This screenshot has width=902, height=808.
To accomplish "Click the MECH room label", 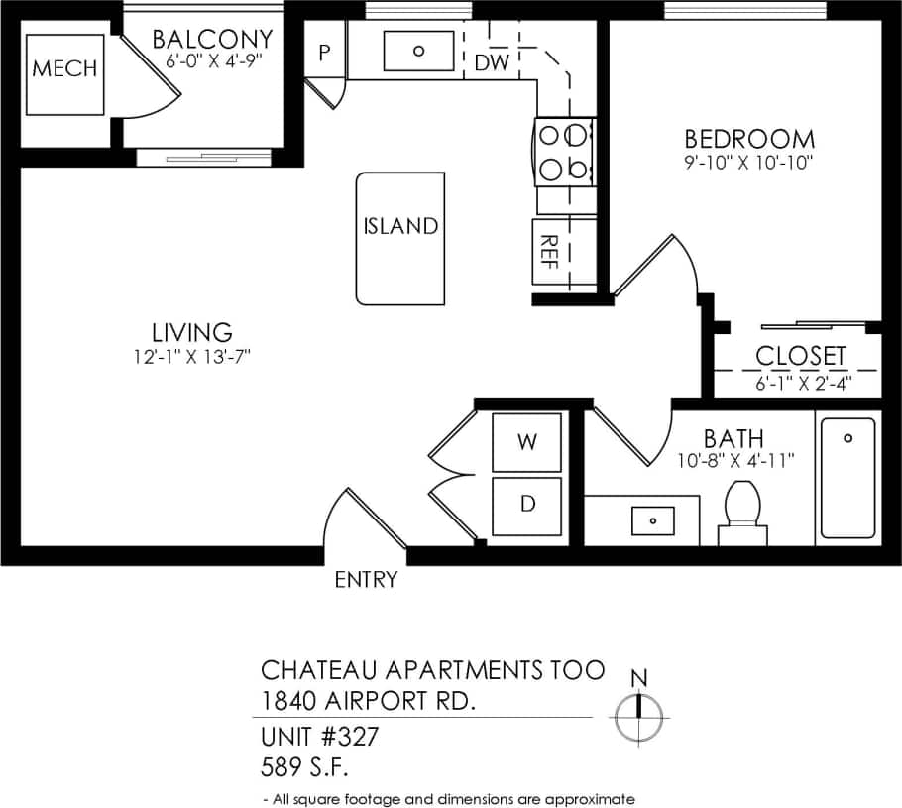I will pos(65,68).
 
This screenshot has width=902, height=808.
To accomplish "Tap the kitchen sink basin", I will pos(418,50).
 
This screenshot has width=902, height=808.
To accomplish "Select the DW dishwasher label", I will pos(491,63).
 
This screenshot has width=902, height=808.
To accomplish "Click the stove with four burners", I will pos(563,152).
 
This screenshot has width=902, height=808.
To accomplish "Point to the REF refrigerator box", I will pos(550,253).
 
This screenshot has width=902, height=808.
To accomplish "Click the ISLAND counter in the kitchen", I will pos(400,238).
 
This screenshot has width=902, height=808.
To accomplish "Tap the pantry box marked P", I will pos(324,52).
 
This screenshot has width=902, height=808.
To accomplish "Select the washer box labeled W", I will pos(527,442).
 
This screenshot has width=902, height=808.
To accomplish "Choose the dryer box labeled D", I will pos(527,504).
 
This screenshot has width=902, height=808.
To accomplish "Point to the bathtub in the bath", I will pos(847,478).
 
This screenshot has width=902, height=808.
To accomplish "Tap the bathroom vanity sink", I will pos(652,519).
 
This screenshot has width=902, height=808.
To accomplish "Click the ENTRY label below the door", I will pos(366,580).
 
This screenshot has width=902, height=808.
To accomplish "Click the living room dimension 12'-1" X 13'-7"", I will pos(192,356).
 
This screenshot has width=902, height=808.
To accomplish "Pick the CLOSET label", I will pos(801,355).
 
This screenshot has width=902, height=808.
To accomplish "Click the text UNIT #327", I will pos(319,738).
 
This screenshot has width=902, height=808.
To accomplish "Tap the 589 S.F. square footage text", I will pos(305,766).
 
